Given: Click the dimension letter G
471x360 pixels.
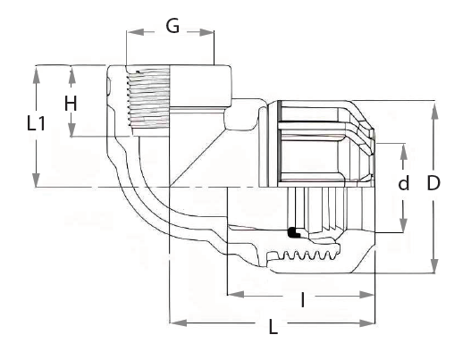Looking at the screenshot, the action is point(172,26).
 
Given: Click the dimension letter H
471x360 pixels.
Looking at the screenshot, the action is point(71,104).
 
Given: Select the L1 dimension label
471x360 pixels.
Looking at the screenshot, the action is point(36,123).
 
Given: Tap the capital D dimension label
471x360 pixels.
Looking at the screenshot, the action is point(433,183).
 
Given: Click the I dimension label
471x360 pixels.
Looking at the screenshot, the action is point(303,300).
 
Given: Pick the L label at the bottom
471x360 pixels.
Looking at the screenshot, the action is point(273,327).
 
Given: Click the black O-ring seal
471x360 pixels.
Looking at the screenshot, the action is point(294,232).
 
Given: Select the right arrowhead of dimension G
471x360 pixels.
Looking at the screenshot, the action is point(206,32).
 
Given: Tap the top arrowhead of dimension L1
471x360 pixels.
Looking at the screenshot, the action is point(37,74).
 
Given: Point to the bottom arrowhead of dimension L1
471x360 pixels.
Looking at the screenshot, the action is point(37,179).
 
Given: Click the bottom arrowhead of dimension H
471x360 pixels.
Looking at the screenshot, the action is point(71,130).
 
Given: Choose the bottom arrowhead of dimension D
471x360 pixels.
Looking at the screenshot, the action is point(433,265).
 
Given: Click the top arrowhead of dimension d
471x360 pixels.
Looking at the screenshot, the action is point(404,152).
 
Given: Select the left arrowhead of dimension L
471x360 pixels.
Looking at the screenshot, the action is point(178,323).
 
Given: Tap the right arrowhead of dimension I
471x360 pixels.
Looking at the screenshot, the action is point(366,295).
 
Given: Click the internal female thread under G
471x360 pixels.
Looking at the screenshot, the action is point(147,97).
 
